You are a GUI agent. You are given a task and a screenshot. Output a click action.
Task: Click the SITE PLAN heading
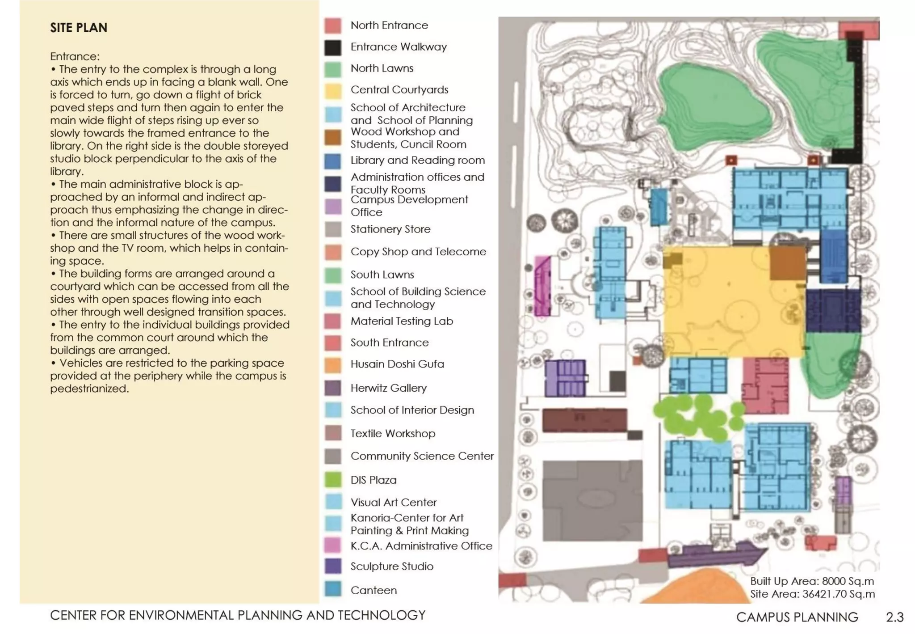(x=79, y=28)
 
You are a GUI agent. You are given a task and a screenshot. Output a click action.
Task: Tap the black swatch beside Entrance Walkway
(x=332, y=47)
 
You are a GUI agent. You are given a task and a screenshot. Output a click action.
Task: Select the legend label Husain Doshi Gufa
(x=397, y=364)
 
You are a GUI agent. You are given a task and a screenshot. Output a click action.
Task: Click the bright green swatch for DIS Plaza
(x=332, y=480)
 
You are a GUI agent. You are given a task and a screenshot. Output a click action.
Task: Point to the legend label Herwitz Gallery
(x=388, y=388)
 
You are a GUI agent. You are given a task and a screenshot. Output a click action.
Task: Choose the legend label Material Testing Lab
(x=401, y=321)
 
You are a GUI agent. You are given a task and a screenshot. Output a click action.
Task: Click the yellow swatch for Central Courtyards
(x=332, y=91)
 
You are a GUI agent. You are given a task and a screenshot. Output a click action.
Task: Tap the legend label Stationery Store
(x=390, y=229)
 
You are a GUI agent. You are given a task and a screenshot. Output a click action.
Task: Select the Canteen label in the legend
(x=373, y=590)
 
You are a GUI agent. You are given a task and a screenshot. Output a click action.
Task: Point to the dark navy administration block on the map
(x=833, y=310)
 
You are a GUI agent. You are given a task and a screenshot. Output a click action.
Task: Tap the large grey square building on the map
(x=592, y=501)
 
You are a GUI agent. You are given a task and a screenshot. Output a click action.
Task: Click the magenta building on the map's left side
(x=542, y=286)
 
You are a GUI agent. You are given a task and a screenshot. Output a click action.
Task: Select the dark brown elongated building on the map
(x=584, y=420)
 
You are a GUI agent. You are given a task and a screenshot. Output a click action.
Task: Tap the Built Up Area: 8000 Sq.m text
(x=811, y=581)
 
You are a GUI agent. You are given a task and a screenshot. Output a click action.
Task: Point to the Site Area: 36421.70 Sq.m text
(x=812, y=594)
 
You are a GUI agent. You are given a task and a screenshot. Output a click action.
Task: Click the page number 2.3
(x=894, y=617)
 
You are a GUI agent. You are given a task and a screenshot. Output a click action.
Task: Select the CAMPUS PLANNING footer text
(x=797, y=617)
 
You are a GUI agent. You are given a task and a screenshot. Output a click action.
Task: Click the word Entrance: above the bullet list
(x=75, y=56)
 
